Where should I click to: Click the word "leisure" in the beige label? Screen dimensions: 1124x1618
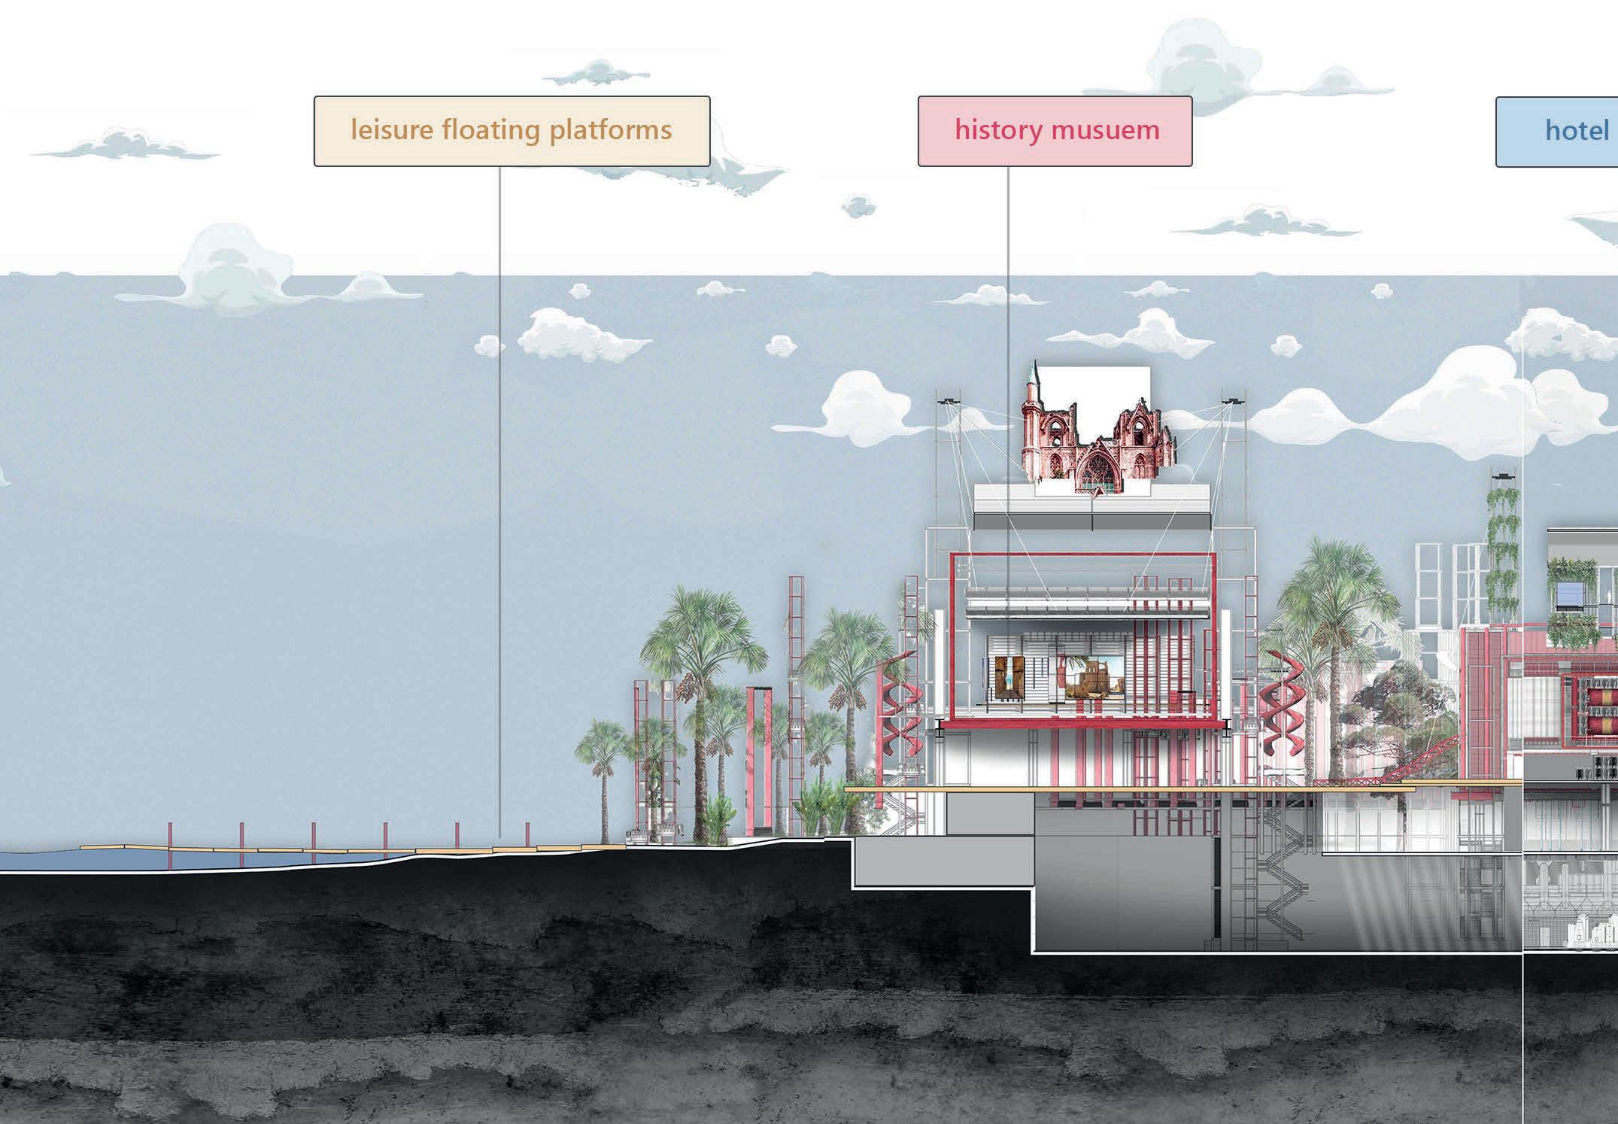click(x=392, y=130)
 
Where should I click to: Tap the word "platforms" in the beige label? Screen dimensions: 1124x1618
click(x=610, y=130)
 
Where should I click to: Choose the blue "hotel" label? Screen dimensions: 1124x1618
click(x=1576, y=131)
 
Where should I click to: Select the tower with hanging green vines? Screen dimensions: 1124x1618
click(x=1503, y=542)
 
